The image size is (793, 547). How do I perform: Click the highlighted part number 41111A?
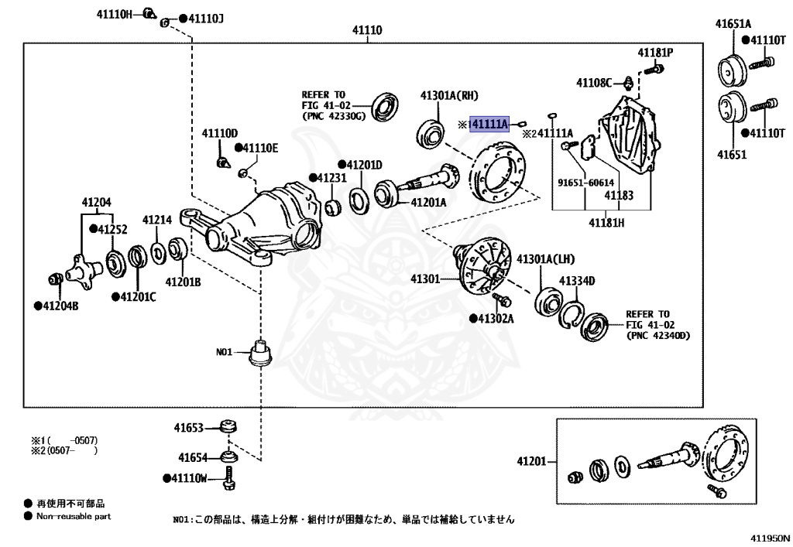(x=489, y=124)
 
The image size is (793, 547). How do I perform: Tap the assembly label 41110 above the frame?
(x=367, y=30)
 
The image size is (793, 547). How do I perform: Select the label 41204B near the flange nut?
(x=60, y=306)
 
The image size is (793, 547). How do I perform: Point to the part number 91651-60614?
(x=585, y=183)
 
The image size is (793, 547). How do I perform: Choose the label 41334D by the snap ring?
(x=577, y=282)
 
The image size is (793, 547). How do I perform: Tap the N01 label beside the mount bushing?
(x=224, y=351)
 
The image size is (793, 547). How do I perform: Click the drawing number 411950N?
(x=770, y=538)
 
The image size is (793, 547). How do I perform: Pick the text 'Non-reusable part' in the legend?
(x=74, y=516)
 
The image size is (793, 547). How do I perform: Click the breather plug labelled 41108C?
(x=627, y=82)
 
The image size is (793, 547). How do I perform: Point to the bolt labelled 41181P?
(x=654, y=68)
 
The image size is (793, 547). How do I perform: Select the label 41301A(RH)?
(x=449, y=96)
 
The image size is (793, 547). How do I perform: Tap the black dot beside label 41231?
(x=313, y=178)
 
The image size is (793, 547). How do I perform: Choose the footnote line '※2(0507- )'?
(x=64, y=450)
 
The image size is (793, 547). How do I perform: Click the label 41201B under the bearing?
(x=183, y=282)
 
